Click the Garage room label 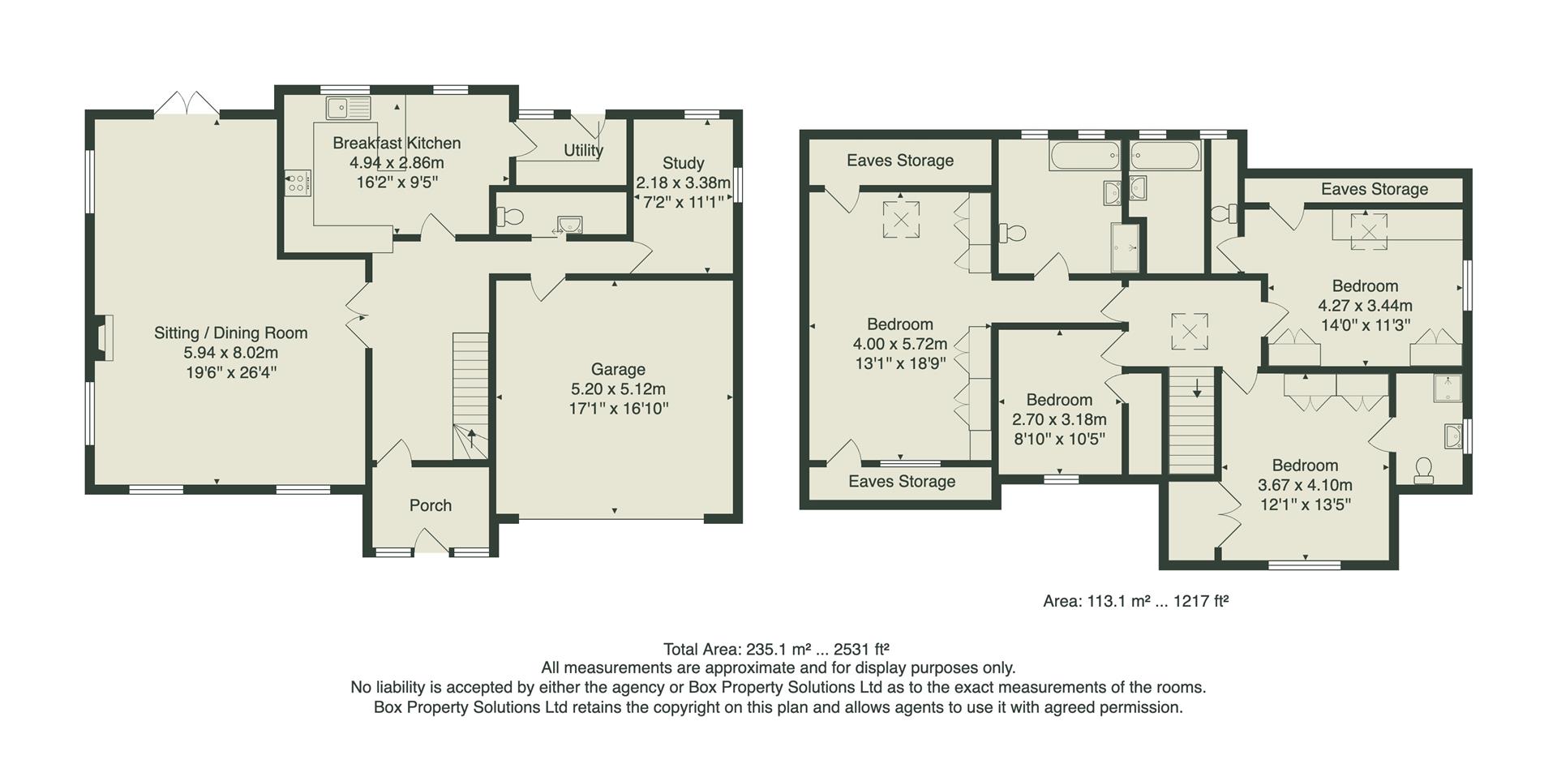click(x=618, y=369)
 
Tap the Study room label click(x=683, y=163)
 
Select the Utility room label click(x=583, y=151)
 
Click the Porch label click(x=430, y=505)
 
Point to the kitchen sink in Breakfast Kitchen click(x=349, y=108)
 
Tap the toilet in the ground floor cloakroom click(x=510, y=217)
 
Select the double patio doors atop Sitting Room click(x=187, y=105)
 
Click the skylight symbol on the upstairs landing click(x=1189, y=332)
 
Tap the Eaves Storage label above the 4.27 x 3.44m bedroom click(x=1374, y=189)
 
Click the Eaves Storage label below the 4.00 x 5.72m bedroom click(x=901, y=482)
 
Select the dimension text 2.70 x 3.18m click(x=1059, y=419)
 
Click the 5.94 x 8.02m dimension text click(x=230, y=353)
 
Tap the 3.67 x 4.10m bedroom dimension click(x=1304, y=485)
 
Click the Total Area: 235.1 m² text click(x=775, y=649)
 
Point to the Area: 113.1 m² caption click(x=1135, y=601)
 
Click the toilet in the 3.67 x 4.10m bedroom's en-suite click(x=1422, y=470)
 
